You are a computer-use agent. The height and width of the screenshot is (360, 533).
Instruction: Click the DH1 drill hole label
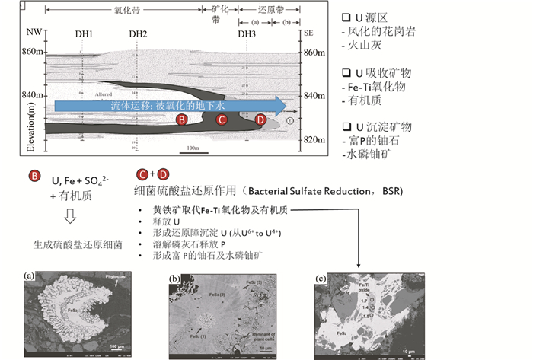(84, 34)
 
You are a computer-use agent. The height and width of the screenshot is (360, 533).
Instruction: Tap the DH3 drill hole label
(246, 34)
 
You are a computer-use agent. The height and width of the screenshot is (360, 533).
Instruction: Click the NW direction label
(30, 34)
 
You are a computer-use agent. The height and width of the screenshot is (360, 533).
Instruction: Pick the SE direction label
(308, 34)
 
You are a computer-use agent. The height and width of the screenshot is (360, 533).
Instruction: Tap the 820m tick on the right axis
(314, 140)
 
